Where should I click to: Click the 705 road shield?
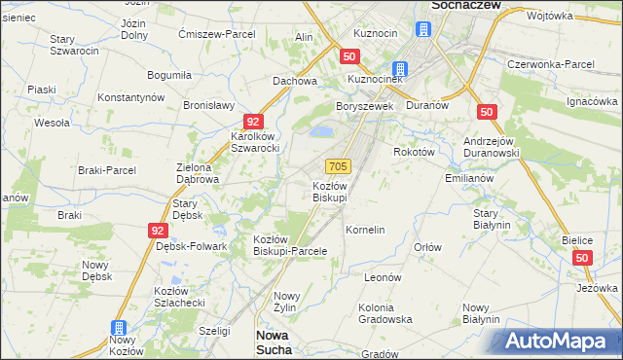[338, 166]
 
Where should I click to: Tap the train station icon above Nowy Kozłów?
[119, 329]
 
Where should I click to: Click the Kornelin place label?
[366, 230]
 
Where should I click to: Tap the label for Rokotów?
[413, 152]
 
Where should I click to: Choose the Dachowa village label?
[296, 81]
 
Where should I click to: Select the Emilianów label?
[469, 178]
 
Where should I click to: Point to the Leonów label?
[383, 277]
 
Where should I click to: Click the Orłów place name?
[427, 247]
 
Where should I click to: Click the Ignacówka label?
[593, 101]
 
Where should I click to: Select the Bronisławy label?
[210, 105]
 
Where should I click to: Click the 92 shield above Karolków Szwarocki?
[252, 122]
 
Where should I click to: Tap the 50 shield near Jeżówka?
[582, 258]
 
